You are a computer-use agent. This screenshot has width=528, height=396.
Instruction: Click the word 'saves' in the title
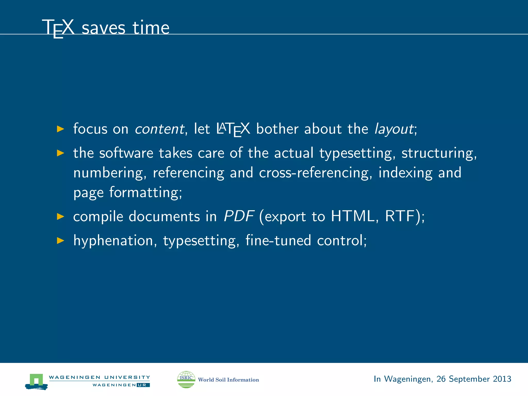pyautogui.click(x=103, y=28)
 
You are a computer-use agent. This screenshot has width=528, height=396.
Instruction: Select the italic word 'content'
pyautogui.click(x=160, y=129)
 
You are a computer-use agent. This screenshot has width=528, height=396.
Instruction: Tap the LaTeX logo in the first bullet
pyautogui.click(x=233, y=129)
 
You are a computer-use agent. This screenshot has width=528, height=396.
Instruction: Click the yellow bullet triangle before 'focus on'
pyautogui.click(x=60, y=129)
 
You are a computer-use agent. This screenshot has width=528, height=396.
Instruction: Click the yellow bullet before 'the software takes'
pyautogui.click(x=60, y=153)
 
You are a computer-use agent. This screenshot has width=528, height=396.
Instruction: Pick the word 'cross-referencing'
pyautogui.click(x=316, y=173)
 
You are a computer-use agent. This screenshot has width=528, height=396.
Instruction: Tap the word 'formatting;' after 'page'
pyautogui.click(x=146, y=193)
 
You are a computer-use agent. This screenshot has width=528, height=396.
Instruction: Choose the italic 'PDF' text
pyautogui.click(x=239, y=216)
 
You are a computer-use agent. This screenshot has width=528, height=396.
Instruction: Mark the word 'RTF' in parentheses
pyautogui.click(x=400, y=216)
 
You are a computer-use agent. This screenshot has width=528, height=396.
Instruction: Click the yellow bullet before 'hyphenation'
pyautogui.click(x=60, y=241)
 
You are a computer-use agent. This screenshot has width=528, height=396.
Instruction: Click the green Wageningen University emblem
pyautogui.click(x=36, y=381)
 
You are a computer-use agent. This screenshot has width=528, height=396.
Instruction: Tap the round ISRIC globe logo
pyautogui.click(x=186, y=379)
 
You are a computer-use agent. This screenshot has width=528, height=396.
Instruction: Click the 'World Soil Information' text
pyautogui.click(x=228, y=380)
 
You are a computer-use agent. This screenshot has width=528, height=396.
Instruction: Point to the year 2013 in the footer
pyautogui.click(x=502, y=379)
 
